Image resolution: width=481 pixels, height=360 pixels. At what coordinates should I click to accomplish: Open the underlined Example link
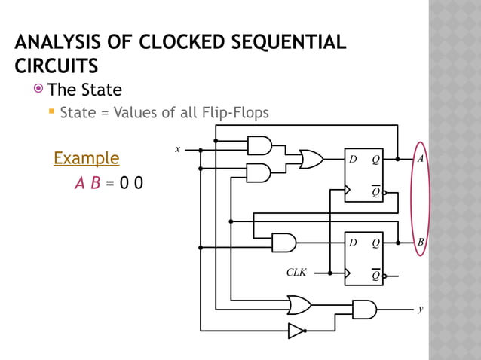(x=86, y=158)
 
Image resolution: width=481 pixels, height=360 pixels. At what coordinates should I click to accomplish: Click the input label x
(x=178, y=149)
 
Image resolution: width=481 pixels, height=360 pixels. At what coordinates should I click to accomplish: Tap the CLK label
(x=296, y=272)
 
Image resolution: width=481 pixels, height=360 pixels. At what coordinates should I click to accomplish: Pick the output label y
(x=421, y=310)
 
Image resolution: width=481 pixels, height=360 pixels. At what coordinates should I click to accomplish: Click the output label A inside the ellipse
(x=421, y=160)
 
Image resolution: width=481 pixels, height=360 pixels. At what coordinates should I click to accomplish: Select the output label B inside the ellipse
(x=421, y=243)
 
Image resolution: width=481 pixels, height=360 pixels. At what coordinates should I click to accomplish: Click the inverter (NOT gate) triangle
(x=296, y=331)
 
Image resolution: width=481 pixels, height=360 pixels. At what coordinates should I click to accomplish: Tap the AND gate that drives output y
(x=364, y=310)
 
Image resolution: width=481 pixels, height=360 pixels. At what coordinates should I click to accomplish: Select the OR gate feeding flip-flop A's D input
(x=311, y=160)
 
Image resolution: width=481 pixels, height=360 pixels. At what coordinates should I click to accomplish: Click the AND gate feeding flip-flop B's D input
(x=283, y=243)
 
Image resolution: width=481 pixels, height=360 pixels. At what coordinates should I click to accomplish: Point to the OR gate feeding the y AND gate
(x=299, y=304)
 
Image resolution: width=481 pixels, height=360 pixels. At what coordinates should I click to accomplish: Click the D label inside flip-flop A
(x=352, y=160)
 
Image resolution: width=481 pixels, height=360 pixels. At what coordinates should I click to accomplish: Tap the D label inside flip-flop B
(x=352, y=243)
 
